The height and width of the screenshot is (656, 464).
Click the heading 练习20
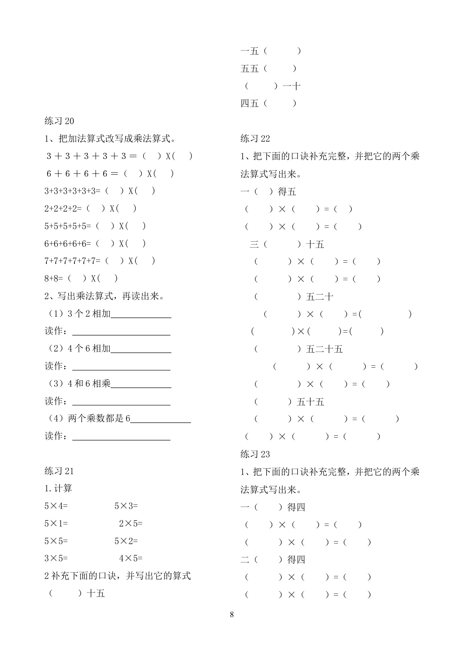[x=59, y=121]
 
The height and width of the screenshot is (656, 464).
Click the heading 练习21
[x=59, y=471]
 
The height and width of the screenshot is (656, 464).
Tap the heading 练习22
[x=255, y=138]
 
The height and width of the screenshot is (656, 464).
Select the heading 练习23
[x=255, y=454]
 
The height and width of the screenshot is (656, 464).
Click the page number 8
[x=232, y=614]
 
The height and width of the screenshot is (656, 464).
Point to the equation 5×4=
[x=56, y=506]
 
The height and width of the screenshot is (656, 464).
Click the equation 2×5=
[x=131, y=524]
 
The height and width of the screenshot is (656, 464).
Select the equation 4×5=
[x=131, y=558]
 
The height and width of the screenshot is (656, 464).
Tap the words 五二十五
[x=324, y=349]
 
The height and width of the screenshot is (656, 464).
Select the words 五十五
[x=310, y=402]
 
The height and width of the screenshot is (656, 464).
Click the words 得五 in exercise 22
[x=287, y=192]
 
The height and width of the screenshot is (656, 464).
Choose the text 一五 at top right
[x=250, y=51]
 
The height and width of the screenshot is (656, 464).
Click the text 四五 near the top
[x=250, y=103]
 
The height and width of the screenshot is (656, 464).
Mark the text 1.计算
[x=58, y=488]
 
